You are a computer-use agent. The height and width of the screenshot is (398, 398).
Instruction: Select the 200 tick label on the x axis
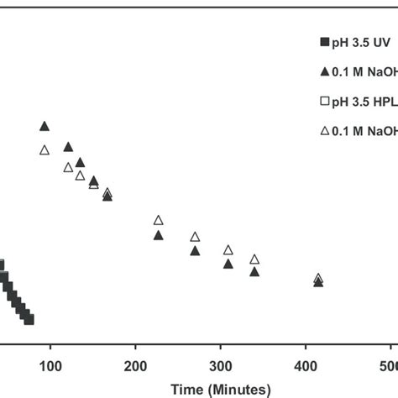pyautogui.click(x=135, y=367)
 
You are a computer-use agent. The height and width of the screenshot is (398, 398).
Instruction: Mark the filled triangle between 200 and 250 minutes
pyautogui.click(x=158, y=235)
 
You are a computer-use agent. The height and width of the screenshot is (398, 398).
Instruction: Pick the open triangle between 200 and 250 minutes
pyautogui.click(x=158, y=220)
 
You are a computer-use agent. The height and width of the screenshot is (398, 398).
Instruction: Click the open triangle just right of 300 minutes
pyautogui.click(x=228, y=249)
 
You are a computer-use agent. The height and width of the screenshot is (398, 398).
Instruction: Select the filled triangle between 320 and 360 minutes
pyautogui.click(x=254, y=271)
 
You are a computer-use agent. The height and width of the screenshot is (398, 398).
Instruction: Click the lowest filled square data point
pyautogui.click(x=29, y=319)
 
